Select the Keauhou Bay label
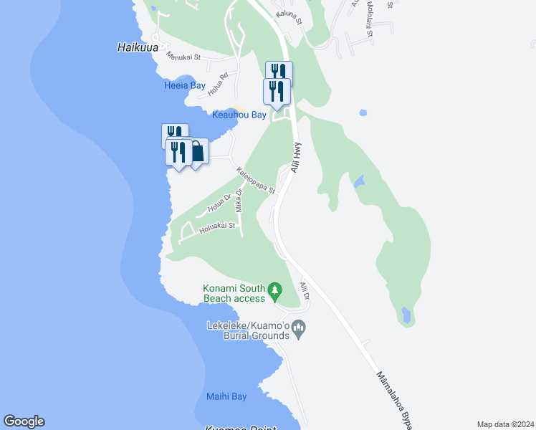click(239, 115)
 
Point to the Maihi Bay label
click(226, 396)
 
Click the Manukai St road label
click(183, 55)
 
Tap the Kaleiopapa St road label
click(256, 180)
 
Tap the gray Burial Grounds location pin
click(300, 330)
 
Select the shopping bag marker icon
click(197, 152)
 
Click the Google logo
click(24, 421)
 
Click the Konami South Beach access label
click(234, 292)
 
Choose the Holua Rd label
click(218, 84)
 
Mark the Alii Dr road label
click(305, 291)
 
